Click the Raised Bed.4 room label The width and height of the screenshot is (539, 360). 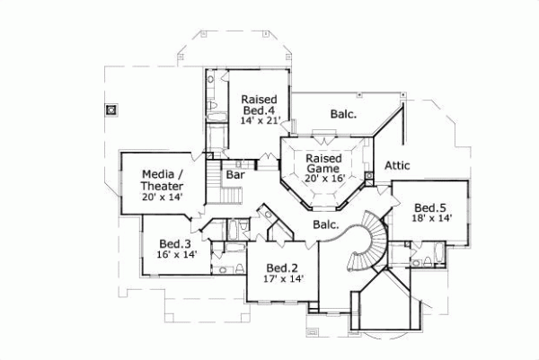[258, 104]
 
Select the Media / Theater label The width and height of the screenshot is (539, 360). [163, 180]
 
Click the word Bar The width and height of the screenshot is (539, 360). [235, 176]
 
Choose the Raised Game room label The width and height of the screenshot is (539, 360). [323, 162]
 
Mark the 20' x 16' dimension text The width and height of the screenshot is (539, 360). [323, 179]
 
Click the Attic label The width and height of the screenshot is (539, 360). [398, 166]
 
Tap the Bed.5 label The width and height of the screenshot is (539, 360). [430, 206]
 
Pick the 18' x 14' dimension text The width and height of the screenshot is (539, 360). [430, 218]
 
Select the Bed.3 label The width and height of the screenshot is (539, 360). [175, 243]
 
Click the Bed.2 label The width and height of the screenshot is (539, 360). [283, 267]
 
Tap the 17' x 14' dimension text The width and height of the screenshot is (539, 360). [284, 279]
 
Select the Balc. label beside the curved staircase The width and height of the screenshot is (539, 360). [325, 224]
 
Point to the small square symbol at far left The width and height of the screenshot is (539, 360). [110, 110]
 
